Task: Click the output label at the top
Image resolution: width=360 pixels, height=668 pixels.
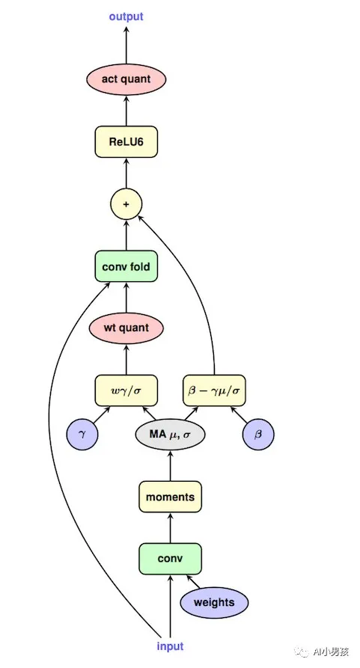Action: pos(126,16)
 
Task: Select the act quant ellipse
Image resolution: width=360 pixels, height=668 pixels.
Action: pos(126,79)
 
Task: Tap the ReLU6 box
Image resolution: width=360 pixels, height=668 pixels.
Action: pos(126,141)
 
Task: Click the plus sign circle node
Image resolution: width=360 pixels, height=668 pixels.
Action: pos(126,203)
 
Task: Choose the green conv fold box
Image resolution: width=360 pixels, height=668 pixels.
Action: pos(126,266)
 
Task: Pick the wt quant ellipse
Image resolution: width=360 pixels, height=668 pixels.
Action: pos(126,328)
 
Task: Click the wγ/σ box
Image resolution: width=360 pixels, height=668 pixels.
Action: pos(126,390)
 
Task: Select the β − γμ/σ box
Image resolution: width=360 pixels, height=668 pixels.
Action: pos(215,390)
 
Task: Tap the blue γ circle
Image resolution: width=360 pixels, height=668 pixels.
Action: pos(82,435)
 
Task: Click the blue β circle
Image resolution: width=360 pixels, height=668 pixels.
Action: pos(258,435)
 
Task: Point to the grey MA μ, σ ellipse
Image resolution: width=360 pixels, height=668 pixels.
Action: pos(170,435)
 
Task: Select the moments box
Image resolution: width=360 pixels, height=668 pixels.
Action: pos(170,497)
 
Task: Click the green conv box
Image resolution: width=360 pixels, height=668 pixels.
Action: pos(170,558)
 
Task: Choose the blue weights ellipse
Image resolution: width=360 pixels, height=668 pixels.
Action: pos(214,602)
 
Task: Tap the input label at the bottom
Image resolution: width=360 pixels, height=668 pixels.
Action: pos(170,646)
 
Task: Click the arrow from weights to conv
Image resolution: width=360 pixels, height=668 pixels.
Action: pos(194,582)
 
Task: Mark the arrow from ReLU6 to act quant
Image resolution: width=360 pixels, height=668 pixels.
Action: pos(126,110)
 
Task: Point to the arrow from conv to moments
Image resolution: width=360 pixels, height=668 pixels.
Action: pos(170,527)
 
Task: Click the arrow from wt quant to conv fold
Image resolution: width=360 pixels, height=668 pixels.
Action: pos(126,297)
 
